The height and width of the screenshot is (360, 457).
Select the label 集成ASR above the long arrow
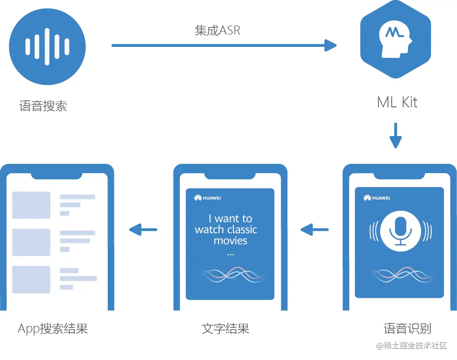tap(218, 30)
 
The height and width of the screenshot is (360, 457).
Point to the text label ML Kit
tap(397, 102)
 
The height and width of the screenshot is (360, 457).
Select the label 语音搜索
tap(43, 106)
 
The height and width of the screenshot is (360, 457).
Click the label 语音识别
tap(407, 329)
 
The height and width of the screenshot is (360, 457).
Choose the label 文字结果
tap(226, 329)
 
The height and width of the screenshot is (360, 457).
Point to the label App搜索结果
tap(53, 329)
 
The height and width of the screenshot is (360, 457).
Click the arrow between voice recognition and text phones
tap(314, 229)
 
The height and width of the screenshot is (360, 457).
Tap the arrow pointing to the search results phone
tap(143, 229)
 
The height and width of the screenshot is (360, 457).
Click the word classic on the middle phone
tap(242, 230)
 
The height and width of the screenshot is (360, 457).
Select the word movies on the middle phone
tap(230, 241)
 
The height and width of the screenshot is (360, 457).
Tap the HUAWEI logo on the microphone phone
tap(377, 198)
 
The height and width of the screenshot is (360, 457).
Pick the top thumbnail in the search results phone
tap(31, 205)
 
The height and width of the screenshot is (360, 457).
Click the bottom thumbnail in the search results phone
tap(31, 279)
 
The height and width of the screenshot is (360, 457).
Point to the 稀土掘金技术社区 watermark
tap(412, 345)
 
